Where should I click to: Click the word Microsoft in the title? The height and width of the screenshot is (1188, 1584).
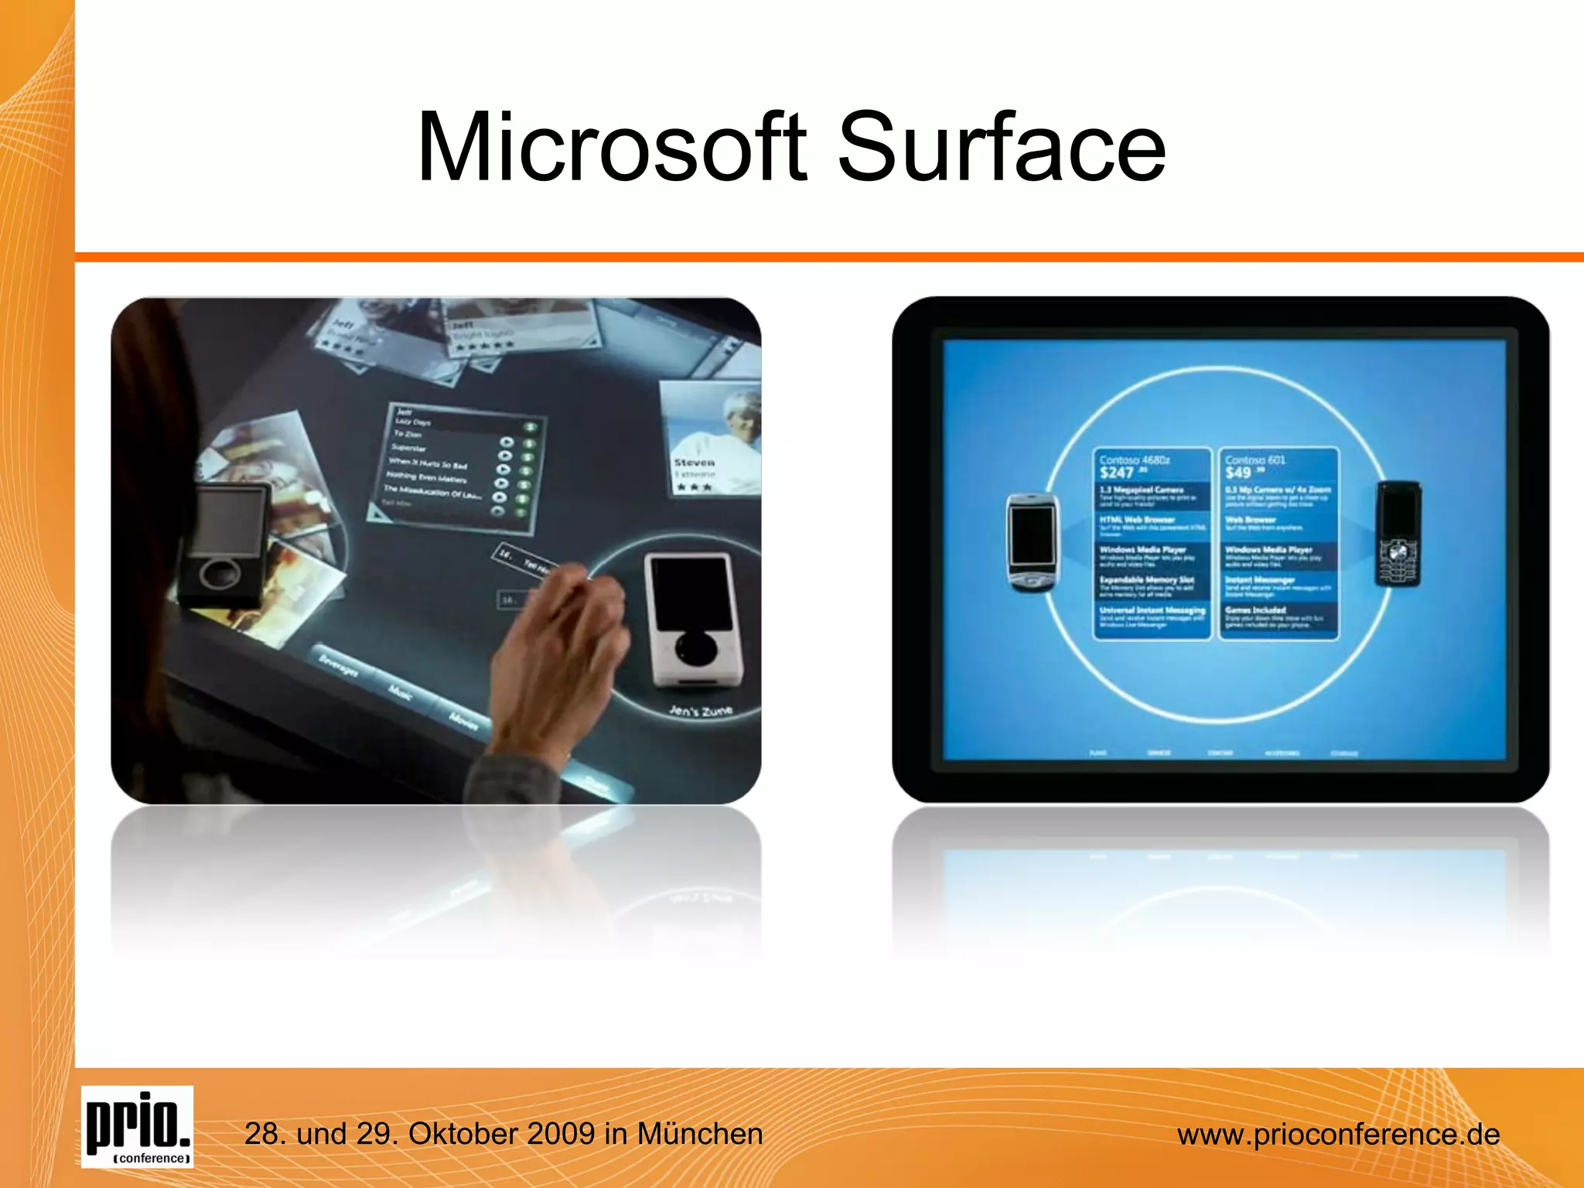click(x=611, y=147)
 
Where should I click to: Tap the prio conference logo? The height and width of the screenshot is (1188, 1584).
click(x=137, y=1126)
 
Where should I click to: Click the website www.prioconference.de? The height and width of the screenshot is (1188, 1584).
click(x=1338, y=1135)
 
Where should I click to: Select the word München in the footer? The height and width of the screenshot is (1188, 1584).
click(x=699, y=1134)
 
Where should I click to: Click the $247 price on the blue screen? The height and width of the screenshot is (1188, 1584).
click(x=1117, y=473)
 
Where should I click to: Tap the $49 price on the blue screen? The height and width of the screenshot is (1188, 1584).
click(x=1237, y=473)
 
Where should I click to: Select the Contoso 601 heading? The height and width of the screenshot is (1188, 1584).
click(x=1255, y=459)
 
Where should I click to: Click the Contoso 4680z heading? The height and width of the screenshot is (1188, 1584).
click(x=1135, y=459)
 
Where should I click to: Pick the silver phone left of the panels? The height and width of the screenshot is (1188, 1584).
click(x=1033, y=542)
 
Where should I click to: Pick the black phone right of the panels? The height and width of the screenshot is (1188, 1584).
click(x=1398, y=534)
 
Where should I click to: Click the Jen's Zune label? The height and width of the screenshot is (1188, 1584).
click(x=700, y=710)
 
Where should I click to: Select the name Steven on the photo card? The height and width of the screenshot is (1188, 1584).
click(x=694, y=463)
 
